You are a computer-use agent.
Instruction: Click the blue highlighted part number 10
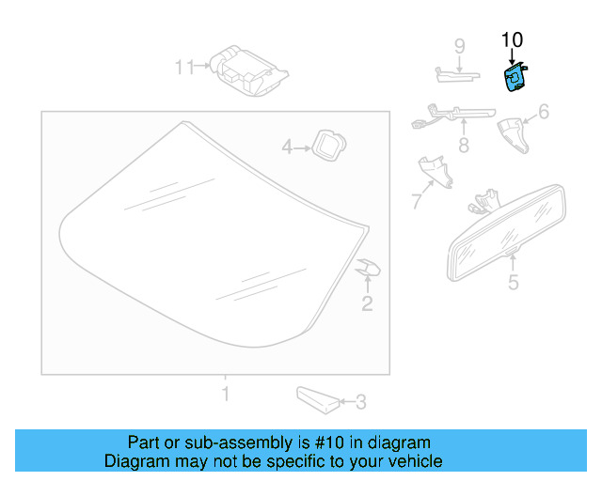(x=515, y=79)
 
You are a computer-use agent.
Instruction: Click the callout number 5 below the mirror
(x=513, y=282)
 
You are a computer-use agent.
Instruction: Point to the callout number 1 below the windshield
(x=224, y=393)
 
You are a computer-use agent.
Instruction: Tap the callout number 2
(x=367, y=303)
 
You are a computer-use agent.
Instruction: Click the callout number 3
(x=360, y=403)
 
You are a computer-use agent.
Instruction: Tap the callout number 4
(x=288, y=147)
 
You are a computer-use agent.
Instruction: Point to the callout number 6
(x=543, y=114)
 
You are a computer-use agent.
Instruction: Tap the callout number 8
(x=463, y=146)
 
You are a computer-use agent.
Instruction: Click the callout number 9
(x=460, y=46)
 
